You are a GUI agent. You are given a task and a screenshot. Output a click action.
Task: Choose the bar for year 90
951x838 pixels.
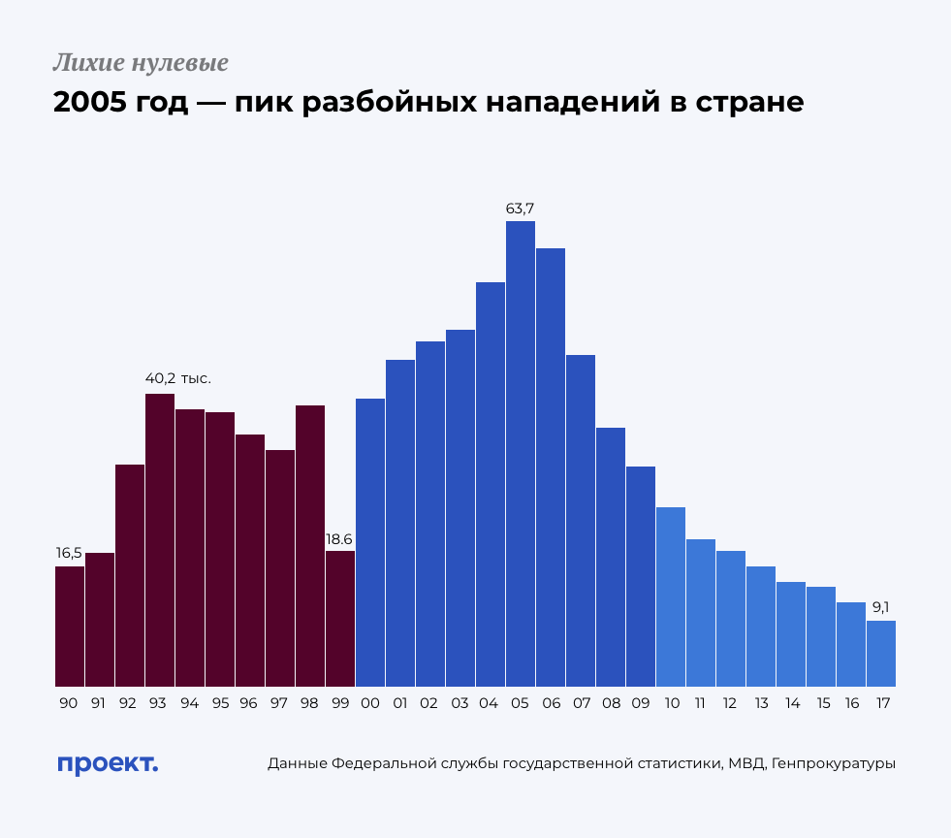click(70, 626)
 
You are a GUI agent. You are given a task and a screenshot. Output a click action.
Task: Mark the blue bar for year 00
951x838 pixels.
click(370, 542)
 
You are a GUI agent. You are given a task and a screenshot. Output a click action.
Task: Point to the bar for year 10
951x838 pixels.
click(670, 596)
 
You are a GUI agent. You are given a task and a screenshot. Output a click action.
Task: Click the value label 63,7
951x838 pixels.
click(521, 208)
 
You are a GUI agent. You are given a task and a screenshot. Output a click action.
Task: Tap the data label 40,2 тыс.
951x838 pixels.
click(178, 379)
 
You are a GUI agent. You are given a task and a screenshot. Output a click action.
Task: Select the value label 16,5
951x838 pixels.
click(69, 553)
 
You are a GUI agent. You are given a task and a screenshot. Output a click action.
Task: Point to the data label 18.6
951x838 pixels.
click(339, 538)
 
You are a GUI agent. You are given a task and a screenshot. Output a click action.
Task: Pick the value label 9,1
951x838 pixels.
click(881, 607)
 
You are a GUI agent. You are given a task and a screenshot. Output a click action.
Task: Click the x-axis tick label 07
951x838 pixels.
click(581, 703)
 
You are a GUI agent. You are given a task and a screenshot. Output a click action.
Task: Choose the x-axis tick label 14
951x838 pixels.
click(791, 703)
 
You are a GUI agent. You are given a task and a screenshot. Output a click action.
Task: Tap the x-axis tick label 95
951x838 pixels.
click(220, 703)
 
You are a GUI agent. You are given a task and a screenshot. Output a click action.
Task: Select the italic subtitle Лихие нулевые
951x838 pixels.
click(141, 64)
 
